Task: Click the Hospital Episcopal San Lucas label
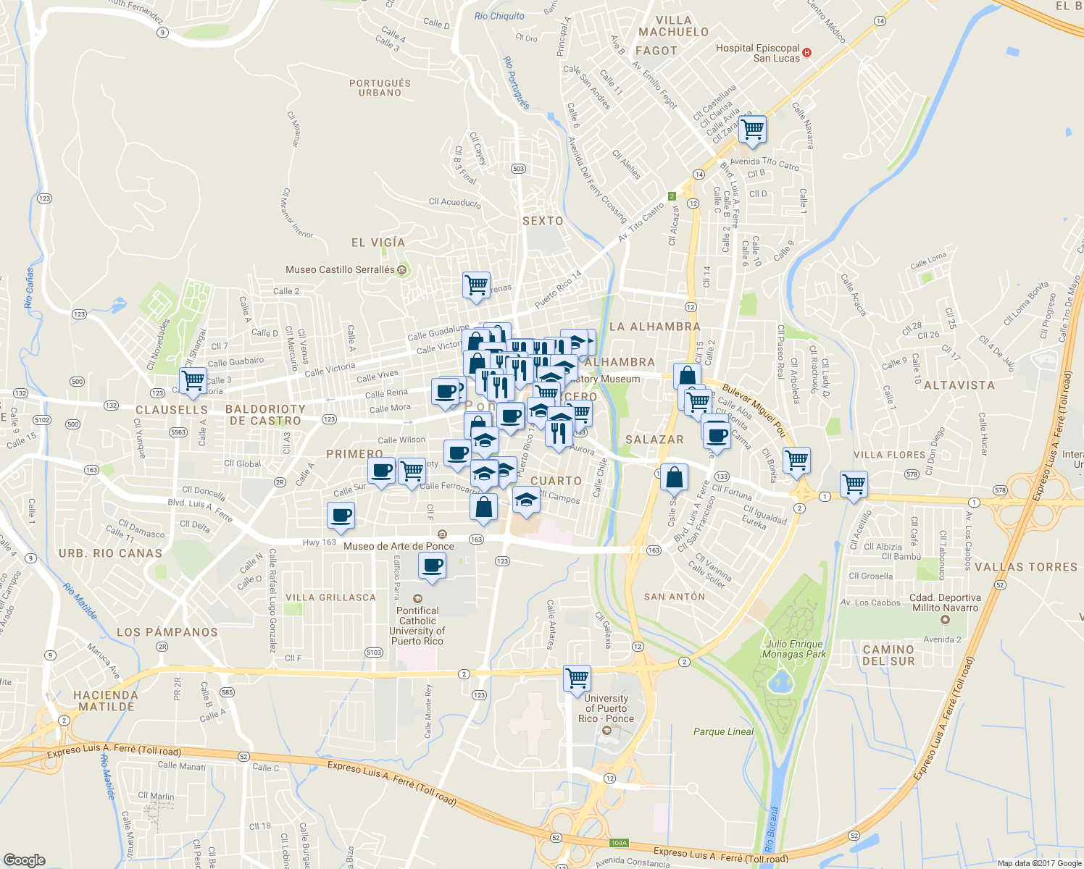pyautogui.click(x=757, y=53)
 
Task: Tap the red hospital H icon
pyautogui.click(x=807, y=53)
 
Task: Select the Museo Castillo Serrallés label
pyautogui.click(x=340, y=269)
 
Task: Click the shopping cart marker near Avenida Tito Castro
pyautogui.click(x=753, y=130)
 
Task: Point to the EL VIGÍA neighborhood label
pyautogui.click(x=378, y=243)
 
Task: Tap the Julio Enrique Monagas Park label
pyautogui.click(x=793, y=649)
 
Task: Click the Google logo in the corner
pyautogui.click(x=24, y=860)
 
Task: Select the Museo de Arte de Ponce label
pyautogui.click(x=399, y=546)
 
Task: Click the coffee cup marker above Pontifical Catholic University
pyautogui.click(x=433, y=565)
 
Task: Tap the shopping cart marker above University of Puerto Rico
pyautogui.click(x=577, y=679)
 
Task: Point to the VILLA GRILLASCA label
pyautogui.click(x=330, y=597)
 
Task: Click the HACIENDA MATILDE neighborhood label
pyautogui.click(x=106, y=700)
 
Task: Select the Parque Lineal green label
pyautogui.click(x=723, y=731)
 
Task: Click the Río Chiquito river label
pyautogui.click(x=499, y=16)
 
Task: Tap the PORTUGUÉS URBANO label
pyautogui.click(x=380, y=88)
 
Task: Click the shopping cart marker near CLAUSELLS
pyautogui.click(x=193, y=380)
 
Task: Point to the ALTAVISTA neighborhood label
pyautogui.click(x=959, y=385)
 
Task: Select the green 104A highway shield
pyautogui.click(x=618, y=843)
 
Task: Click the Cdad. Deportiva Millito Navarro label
pyautogui.click(x=945, y=603)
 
